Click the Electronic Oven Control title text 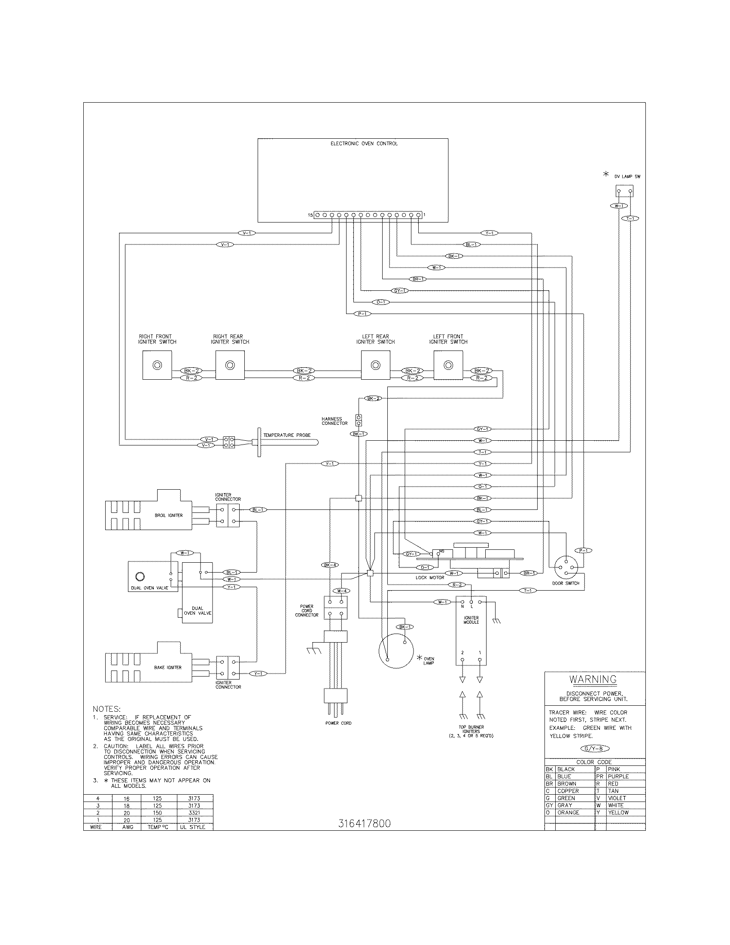pos(364,143)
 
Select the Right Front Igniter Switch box pos(157,365)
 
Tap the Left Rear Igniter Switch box pos(375,365)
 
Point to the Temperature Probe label pos(287,435)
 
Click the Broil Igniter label pos(169,515)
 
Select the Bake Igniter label pos(168,668)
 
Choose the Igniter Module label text pos(471,620)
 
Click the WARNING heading pos(593,680)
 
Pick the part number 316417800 pos(364,823)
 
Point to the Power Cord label pos(338,723)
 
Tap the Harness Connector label pos(334,421)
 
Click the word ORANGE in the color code pos(568,813)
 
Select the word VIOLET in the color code pos(617,798)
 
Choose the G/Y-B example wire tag pos(595,749)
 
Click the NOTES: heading pos(106,709)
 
